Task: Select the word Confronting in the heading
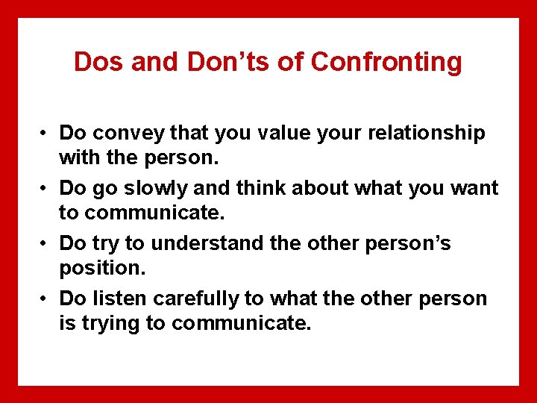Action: coord(386,62)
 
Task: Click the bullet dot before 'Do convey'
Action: coord(45,134)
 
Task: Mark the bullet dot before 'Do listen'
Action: coord(45,300)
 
